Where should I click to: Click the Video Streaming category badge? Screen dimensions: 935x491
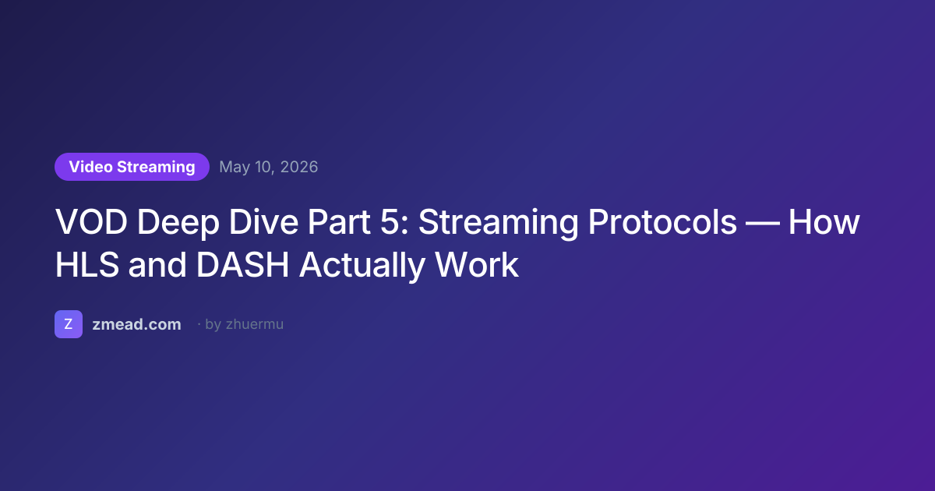132,167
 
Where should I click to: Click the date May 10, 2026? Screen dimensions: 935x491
268,167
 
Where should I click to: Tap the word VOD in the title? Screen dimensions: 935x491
91,222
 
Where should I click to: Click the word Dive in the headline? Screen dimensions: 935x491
263,221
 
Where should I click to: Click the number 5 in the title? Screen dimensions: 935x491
390,222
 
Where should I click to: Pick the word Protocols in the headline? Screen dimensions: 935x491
662,222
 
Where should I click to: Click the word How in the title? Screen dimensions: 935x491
824,222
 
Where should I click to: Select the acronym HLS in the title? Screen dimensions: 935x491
87,265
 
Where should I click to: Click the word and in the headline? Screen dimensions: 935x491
157,265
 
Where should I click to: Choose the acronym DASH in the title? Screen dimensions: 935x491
242,265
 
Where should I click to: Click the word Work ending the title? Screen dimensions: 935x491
477,265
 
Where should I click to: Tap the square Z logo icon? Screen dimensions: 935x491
69,324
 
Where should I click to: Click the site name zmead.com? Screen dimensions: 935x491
136,324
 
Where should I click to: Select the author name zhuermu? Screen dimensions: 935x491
255,324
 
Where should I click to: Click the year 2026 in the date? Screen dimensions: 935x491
299,167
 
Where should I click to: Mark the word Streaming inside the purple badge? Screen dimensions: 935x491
156,168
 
